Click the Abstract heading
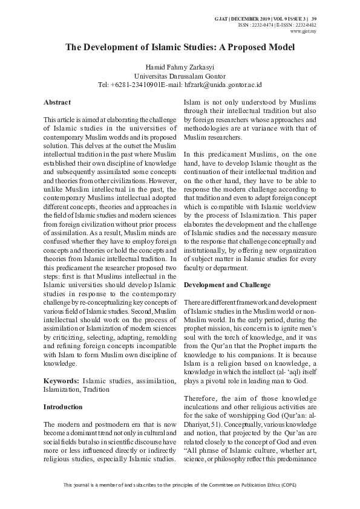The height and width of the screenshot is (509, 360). pyautogui.click(x=57, y=103)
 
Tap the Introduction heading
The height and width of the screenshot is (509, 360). pyautogui.click(x=63, y=407)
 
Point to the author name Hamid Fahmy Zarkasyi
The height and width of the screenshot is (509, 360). pyautogui.click(x=179, y=66)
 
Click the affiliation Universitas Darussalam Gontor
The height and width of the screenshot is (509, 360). pyautogui.click(x=179, y=76)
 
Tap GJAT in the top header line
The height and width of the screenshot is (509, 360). pyautogui.click(x=221, y=19)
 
